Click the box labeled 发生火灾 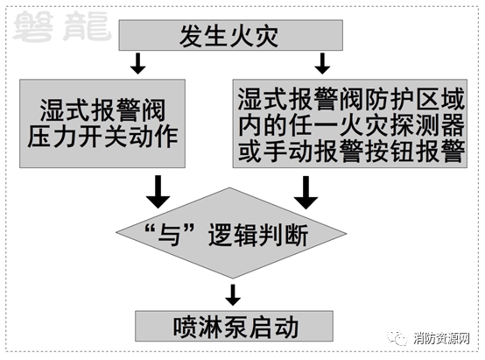tap(231, 35)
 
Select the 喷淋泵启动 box tap(234, 326)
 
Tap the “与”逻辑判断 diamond tap(231, 233)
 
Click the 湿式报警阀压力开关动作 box tap(102, 124)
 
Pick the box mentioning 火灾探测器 tap(350, 124)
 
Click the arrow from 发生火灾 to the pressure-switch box tap(138, 63)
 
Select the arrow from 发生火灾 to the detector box tap(322, 63)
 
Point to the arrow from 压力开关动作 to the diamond tap(158, 192)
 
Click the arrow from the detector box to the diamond tap(306, 193)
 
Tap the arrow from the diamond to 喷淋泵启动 tap(233, 295)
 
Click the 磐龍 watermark tap(62, 26)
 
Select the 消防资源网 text tap(441, 338)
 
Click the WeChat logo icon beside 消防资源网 tap(397, 338)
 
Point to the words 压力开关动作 tap(102, 136)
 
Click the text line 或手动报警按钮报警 tap(351, 151)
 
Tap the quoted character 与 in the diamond tap(169, 235)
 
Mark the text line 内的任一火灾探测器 tap(351, 125)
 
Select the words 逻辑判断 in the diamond tap(258, 235)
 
